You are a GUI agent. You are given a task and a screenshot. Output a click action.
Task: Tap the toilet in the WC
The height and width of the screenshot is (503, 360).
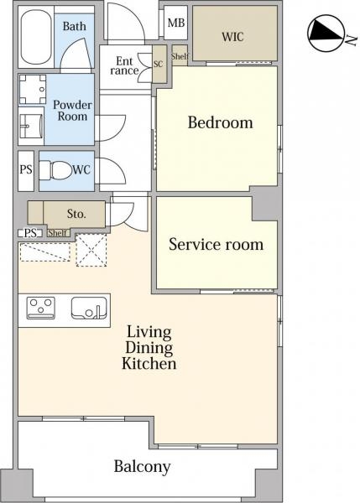tap(55, 170)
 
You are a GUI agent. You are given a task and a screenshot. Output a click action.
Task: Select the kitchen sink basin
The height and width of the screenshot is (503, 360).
tap(89, 309)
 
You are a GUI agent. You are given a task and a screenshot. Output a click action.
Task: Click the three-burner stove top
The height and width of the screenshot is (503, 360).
tap(41, 308)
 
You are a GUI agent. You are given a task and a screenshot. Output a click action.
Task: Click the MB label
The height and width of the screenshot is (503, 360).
tap(176, 23)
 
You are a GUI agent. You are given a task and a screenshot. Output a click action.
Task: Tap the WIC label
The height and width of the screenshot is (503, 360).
tap(232, 37)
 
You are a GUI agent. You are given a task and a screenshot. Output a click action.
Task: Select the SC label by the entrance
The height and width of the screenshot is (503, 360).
tap(159, 65)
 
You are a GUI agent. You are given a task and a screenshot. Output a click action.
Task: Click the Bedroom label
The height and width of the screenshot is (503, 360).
tap(221, 123)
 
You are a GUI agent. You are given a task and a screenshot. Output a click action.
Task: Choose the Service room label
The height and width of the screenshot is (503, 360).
tap(217, 245)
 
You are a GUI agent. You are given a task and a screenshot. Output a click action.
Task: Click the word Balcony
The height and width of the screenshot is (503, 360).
tap(143, 467)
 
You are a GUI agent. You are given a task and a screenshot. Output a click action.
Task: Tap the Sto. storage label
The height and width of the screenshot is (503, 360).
tap(76, 214)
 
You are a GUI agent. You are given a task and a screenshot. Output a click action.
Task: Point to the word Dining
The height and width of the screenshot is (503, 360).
tap(149, 348)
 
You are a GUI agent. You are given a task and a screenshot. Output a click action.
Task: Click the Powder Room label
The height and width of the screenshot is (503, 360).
tap(72, 111)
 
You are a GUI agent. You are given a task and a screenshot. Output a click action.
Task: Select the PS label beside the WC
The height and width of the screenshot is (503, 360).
tap(26, 169)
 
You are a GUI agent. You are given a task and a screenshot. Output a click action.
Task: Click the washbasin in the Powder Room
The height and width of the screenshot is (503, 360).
tap(31, 126)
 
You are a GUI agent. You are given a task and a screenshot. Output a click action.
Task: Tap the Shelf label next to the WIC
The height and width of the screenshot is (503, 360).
tap(180, 56)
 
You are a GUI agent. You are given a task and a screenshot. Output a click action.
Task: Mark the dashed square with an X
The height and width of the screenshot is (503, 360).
tap(91, 250)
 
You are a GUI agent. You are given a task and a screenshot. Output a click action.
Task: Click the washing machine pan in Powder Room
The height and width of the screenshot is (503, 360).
tap(33, 90)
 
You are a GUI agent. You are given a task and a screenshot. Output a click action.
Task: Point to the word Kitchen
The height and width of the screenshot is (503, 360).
tap(149, 364)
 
